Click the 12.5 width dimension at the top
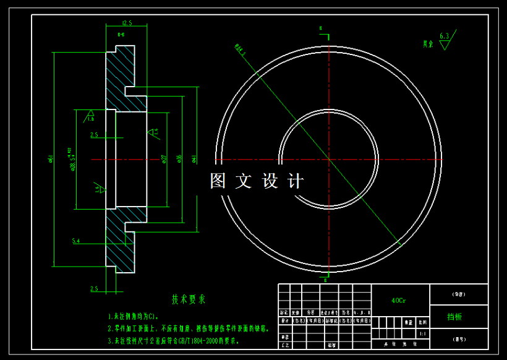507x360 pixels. (x=127, y=23)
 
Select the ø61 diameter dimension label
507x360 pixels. (x=50, y=159)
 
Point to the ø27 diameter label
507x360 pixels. (x=164, y=159)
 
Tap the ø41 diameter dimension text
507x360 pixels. (x=194, y=159)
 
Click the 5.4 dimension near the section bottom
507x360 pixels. (x=76, y=241)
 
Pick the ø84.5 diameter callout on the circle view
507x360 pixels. (x=241, y=50)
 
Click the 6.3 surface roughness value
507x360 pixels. (x=444, y=36)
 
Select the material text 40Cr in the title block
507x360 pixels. (x=399, y=301)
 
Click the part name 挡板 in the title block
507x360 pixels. (x=454, y=317)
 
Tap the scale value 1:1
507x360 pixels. (x=422, y=333)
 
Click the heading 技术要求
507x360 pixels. (x=189, y=299)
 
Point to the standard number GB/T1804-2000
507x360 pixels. (x=198, y=340)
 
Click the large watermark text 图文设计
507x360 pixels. (x=257, y=181)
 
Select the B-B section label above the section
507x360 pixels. (x=121, y=35)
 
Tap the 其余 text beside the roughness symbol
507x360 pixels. (x=428, y=44)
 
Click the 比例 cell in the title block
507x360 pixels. (x=422, y=322)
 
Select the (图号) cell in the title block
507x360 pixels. (x=458, y=340)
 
